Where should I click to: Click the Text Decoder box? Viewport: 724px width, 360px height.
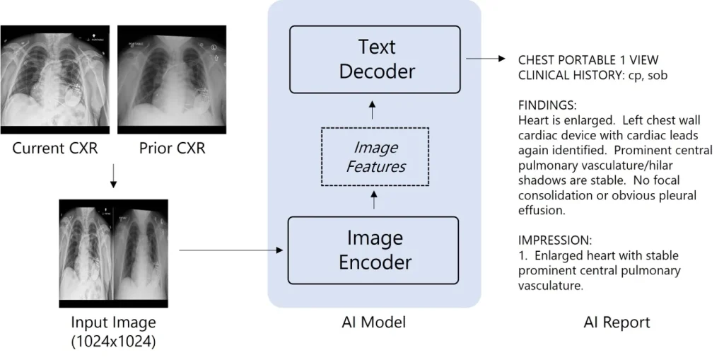coord(374,59)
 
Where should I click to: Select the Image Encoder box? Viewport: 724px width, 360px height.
coord(374,250)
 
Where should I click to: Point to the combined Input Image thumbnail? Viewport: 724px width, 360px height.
coord(113,252)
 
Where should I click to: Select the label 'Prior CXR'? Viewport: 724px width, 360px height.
coord(172,149)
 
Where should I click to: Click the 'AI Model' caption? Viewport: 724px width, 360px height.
coord(373,323)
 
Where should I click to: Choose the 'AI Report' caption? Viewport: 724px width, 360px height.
coord(617,323)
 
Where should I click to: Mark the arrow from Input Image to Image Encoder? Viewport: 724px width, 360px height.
coord(231,250)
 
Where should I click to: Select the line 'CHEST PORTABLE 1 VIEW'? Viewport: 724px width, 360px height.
coord(588,60)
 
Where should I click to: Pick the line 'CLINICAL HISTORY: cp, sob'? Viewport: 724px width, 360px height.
coord(593,74)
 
